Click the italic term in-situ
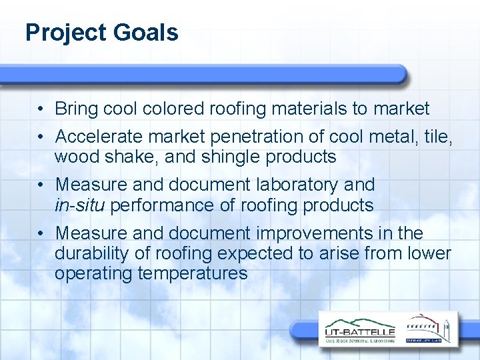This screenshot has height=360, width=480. (x=80, y=205)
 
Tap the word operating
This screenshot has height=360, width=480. (x=94, y=274)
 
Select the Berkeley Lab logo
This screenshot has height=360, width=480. (x=429, y=329)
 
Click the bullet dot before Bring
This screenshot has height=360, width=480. (x=41, y=109)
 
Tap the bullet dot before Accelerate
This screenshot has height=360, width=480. (x=41, y=137)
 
